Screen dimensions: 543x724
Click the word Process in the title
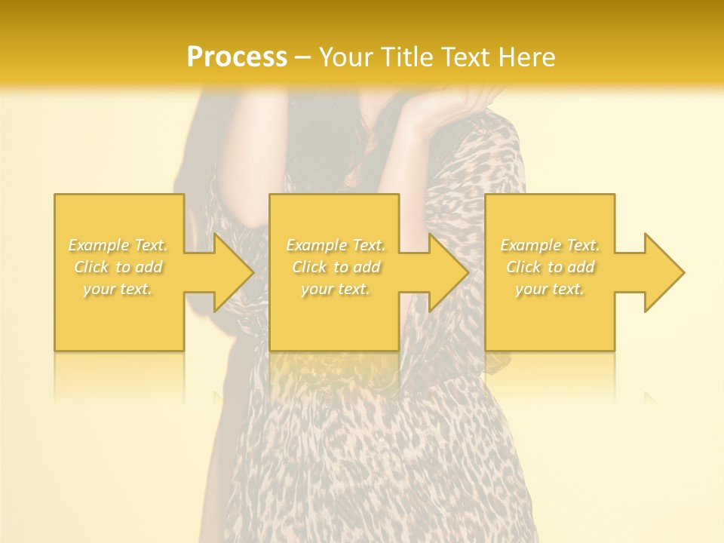pos(237,57)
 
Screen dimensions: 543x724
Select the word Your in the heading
pos(344,57)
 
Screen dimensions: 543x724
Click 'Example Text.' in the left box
pos(118,245)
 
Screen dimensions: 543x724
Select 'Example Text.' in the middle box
pos(336,245)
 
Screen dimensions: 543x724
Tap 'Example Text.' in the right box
pos(550,245)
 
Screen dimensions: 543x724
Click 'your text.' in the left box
pos(118,289)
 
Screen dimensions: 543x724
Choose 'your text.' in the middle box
pos(335,289)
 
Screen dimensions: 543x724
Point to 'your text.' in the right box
pos(550,289)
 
